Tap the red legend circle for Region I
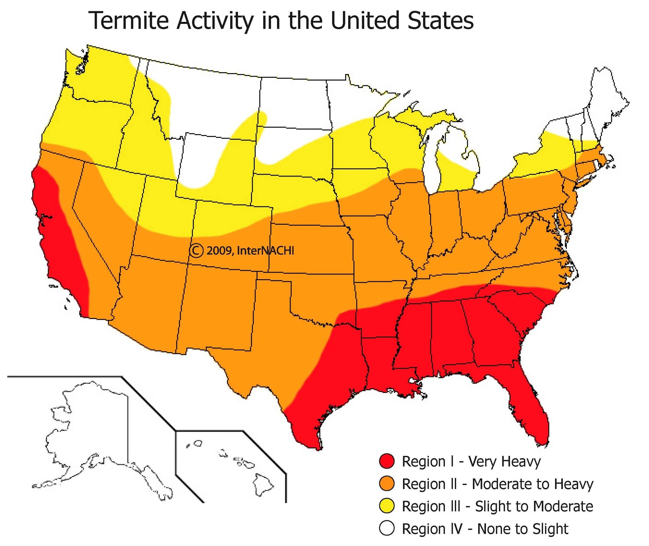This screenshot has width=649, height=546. coord(387,461)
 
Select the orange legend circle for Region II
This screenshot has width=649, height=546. coord(387,484)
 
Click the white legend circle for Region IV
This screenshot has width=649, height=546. coord(387,529)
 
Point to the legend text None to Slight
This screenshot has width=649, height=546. coord(522,529)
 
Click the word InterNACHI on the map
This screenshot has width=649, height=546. coord(265,251)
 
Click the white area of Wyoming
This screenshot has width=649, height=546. coord(204,161)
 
